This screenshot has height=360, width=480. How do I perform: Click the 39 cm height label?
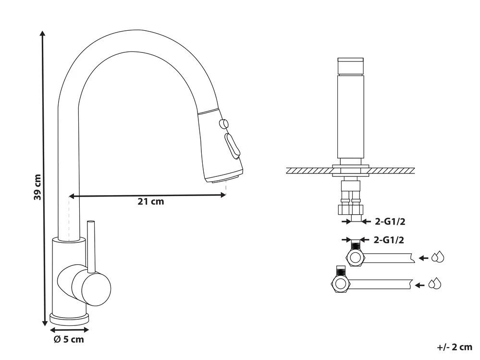(x=37, y=187)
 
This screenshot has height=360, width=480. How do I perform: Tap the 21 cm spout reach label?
(x=150, y=201)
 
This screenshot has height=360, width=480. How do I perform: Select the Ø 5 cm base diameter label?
(x=69, y=339)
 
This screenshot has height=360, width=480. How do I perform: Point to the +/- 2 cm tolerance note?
(x=455, y=347)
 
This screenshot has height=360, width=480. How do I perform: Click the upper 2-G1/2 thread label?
(x=390, y=221)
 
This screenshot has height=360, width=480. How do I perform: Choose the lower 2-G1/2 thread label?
(x=389, y=240)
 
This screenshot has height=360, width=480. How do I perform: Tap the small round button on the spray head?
(x=224, y=124)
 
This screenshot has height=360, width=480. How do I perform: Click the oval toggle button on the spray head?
(x=233, y=146)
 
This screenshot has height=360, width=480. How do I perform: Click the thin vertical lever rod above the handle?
(x=91, y=246)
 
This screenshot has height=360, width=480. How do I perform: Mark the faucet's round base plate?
(x=70, y=319)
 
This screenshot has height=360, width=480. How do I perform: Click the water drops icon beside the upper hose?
(x=438, y=257)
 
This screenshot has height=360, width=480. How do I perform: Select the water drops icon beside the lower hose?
(x=435, y=284)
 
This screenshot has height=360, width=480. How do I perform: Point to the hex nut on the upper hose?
(x=355, y=257)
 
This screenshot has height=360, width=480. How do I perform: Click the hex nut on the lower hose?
(x=340, y=284)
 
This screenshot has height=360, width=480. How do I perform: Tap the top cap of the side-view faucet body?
(x=350, y=66)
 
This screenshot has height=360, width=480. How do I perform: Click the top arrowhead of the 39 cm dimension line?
(x=43, y=33)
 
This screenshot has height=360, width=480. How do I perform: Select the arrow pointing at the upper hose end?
(x=423, y=258)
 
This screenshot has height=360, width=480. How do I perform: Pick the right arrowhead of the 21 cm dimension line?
(x=223, y=195)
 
